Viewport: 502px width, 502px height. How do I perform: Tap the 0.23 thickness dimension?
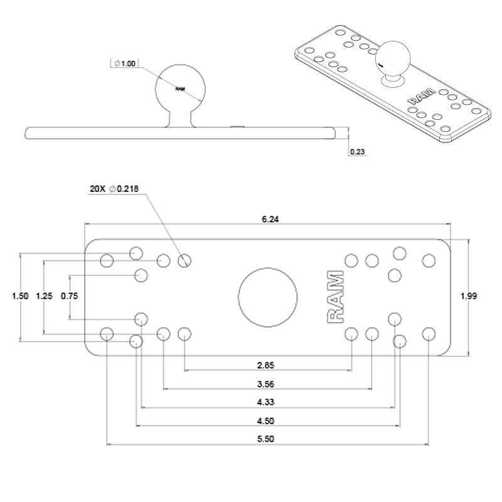(x=356, y=151)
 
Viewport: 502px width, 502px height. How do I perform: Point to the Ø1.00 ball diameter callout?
(x=125, y=63)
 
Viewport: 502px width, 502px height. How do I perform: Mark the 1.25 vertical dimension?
(x=44, y=297)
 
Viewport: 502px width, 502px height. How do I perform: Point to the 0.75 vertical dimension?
(x=69, y=297)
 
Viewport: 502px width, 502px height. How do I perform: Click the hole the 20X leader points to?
(x=184, y=260)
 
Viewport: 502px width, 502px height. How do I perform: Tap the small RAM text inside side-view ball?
(x=180, y=89)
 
